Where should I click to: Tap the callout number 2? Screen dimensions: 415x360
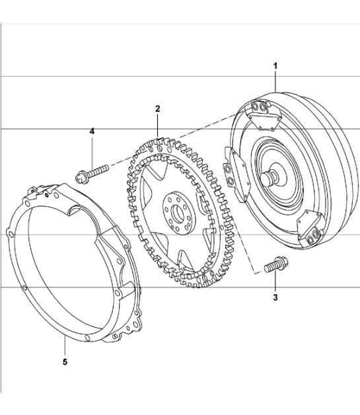(157, 108)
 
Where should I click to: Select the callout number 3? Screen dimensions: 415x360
(275, 297)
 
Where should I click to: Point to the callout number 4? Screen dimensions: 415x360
(92, 132)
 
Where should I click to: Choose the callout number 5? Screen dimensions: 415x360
(65, 361)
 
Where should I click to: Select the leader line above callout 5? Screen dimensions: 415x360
(65, 345)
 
